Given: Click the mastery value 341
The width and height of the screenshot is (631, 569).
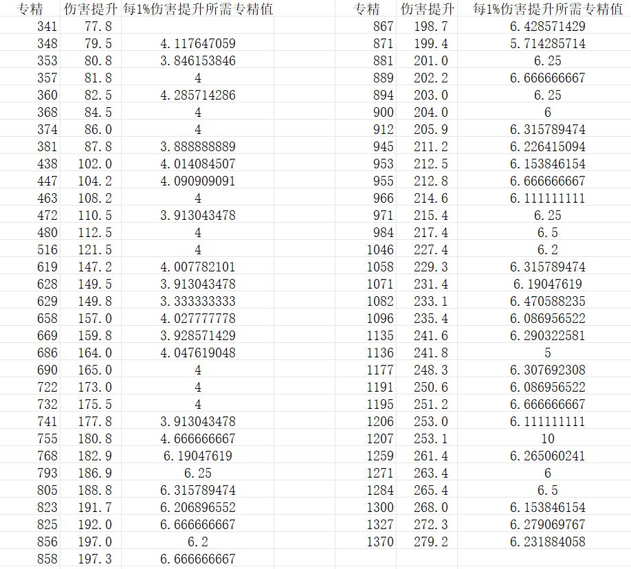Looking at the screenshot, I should point(47,26).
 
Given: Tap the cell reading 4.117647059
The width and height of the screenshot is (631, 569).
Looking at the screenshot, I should point(198,43).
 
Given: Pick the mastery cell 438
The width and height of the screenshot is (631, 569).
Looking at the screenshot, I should point(47,164).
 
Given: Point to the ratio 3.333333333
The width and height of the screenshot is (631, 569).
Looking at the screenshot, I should point(198,301).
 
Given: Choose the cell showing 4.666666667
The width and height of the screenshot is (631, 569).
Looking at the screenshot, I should point(198,438).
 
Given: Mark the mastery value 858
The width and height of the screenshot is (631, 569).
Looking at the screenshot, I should point(47,559).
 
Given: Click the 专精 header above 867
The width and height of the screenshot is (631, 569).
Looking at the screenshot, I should point(367,9).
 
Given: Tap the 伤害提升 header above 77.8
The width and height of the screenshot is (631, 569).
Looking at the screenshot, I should point(89,9).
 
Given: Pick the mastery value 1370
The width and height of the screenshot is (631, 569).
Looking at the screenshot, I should point(380,542).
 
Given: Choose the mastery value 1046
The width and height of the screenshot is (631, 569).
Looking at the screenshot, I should point(380,249).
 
